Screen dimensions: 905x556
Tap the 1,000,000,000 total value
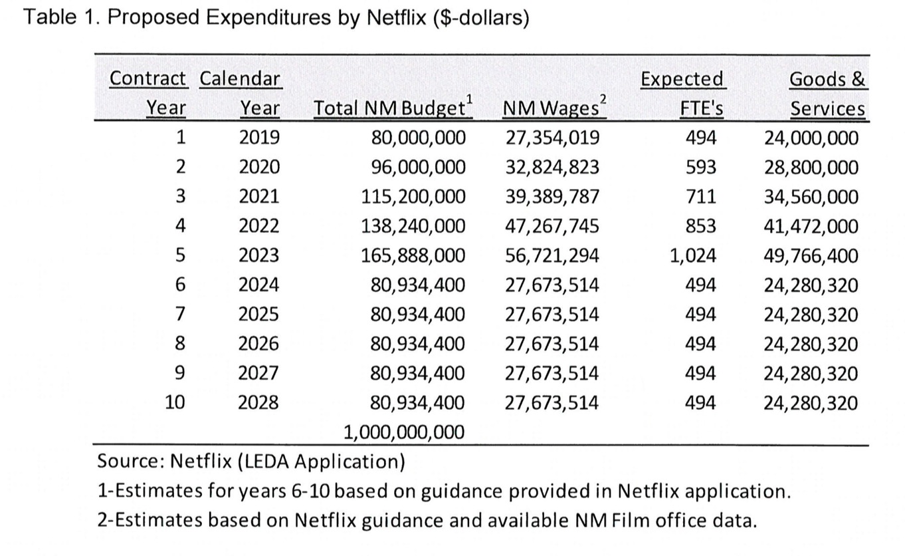pyautogui.click(x=404, y=432)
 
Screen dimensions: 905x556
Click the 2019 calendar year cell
pyautogui.click(x=259, y=138)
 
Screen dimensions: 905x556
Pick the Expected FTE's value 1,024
pyautogui.click(x=692, y=255)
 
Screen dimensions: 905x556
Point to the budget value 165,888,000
pyautogui.click(x=413, y=255)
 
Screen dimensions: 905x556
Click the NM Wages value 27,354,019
pyautogui.click(x=552, y=138)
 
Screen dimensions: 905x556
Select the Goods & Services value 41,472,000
pyautogui.click(x=811, y=226)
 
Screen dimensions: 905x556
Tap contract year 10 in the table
pyautogui.click(x=175, y=402)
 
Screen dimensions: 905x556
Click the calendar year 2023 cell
pyautogui.click(x=258, y=255)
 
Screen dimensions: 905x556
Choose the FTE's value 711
pyautogui.click(x=700, y=196)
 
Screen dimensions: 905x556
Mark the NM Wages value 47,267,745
pyautogui.click(x=552, y=226)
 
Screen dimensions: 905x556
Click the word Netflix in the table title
pyautogui.click(x=396, y=17)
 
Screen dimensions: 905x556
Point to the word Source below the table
pyautogui.click(x=131, y=461)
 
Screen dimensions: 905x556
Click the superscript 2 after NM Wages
pyautogui.click(x=603, y=99)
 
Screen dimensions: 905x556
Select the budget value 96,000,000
pyautogui.click(x=419, y=167)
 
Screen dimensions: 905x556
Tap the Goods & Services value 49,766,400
pyautogui.click(x=811, y=255)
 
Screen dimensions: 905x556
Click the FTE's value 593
pyautogui.click(x=700, y=167)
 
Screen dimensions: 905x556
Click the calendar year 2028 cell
pyautogui.click(x=258, y=403)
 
